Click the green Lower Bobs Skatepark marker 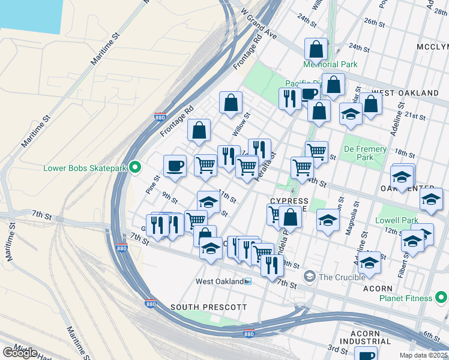click(136, 167)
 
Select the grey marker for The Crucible click(309, 277)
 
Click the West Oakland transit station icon click(247, 281)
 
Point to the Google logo click(20, 352)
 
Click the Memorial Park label click(330, 64)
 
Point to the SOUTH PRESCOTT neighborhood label click(208, 307)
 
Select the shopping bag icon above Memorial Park click(316, 49)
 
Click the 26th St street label click(373, 22)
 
